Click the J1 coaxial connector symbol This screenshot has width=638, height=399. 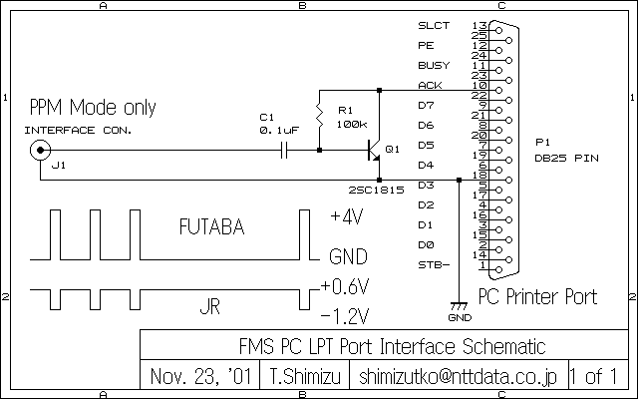(x=40, y=151)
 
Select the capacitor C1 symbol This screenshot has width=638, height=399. (x=284, y=151)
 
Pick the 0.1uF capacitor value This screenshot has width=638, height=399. (x=278, y=130)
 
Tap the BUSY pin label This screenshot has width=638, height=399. (x=433, y=66)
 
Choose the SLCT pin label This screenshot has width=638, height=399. (x=434, y=25)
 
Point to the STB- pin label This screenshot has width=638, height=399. (x=434, y=264)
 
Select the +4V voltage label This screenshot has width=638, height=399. (x=347, y=216)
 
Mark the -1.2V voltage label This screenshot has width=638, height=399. (x=346, y=317)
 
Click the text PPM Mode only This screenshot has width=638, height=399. (x=92, y=108)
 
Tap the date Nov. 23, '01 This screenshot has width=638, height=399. (x=200, y=377)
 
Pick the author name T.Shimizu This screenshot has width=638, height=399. (x=305, y=377)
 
